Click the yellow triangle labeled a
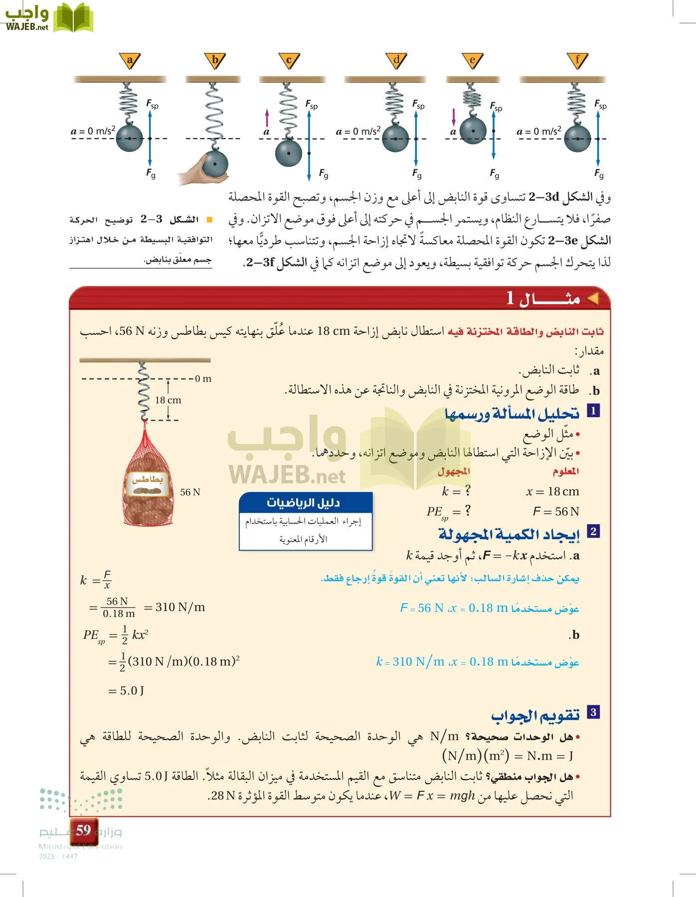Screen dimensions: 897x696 point(130,60)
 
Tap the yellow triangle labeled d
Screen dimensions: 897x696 point(396,60)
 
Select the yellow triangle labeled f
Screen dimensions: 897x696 point(577,60)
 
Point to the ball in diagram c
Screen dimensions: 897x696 point(289,152)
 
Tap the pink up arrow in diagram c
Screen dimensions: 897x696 point(267,118)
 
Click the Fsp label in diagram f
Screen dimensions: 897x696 point(600,104)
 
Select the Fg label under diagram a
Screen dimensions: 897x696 point(151,173)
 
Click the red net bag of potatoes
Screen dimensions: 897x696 point(148,481)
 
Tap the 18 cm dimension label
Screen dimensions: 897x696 point(168,400)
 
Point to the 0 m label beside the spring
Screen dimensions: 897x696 point(203,379)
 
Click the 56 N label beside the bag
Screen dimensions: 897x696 point(190,492)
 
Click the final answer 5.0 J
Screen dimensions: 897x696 point(132,691)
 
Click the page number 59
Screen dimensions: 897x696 point(83,830)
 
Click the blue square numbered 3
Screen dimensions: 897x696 point(593,712)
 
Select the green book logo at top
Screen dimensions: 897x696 point(73,17)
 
